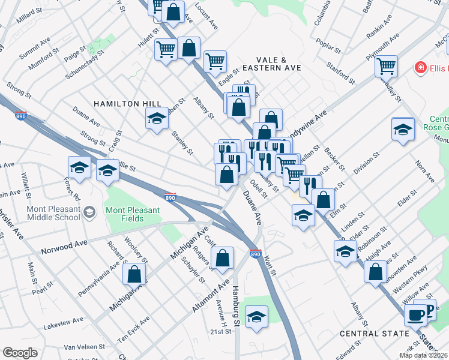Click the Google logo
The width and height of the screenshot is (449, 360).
(20, 353)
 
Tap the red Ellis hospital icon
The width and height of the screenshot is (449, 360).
(421, 68)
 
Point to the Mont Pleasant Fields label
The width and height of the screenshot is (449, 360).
(133, 214)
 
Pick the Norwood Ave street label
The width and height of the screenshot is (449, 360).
(64, 246)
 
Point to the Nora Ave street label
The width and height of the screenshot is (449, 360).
(427, 171)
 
